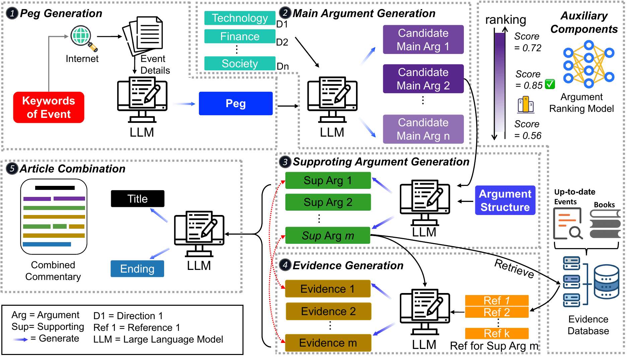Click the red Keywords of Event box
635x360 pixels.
click(49, 107)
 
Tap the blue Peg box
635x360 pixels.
click(235, 103)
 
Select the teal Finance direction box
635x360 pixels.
click(240, 36)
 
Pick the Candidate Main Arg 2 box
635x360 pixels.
click(423, 79)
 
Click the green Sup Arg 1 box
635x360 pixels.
click(328, 181)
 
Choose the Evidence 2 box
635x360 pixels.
click(328, 311)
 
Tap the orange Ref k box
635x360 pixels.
click(497, 334)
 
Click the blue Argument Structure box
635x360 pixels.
click(505, 200)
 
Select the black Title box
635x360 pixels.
click(138, 199)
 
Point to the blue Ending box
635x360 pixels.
click(137, 269)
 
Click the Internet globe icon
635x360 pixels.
click(83, 38)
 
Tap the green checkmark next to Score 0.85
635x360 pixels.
click(550, 84)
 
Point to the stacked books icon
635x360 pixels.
click(605, 224)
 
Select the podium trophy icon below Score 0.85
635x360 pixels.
click(525, 105)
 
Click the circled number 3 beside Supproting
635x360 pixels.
click(285, 162)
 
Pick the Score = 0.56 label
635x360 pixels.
click(527, 130)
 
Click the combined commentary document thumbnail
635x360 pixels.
click(54, 217)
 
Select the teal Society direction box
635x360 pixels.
click(240, 63)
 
